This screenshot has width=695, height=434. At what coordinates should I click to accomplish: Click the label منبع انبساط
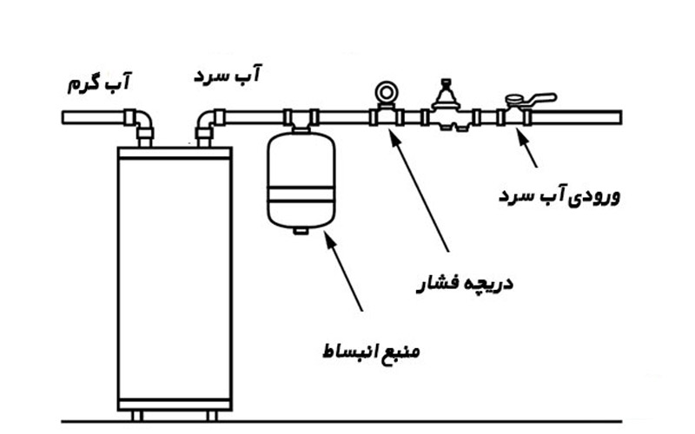pos(372,353)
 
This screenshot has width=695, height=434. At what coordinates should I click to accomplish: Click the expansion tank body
pos(301,178)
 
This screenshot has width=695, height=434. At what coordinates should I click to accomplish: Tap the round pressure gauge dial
pos(385,90)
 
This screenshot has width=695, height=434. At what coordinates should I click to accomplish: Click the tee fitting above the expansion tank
pos(301,117)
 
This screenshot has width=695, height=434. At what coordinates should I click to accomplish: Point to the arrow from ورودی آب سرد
pos(527,148)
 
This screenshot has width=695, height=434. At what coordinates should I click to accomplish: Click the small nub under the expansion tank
pos(301,230)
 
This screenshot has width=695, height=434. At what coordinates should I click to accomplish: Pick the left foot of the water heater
pos(136,416)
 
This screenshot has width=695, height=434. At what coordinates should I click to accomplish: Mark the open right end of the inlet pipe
pos(618,117)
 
